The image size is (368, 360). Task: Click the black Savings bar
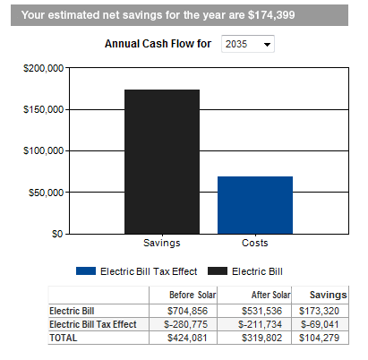click(x=162, y=161)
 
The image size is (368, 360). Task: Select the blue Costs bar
click(x=255, y=205)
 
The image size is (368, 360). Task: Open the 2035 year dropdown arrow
click(x=267, y=45)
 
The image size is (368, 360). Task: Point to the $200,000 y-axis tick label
click(x=44, y=68)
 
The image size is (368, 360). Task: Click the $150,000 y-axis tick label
click(x=44, y=109)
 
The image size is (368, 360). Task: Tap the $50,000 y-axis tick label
click(x=47, y=193)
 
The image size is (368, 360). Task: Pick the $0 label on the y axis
click(x=57, y=234)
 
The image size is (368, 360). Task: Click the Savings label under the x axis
click(x=162, y=243)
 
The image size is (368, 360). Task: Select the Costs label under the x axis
click(x=255, y=243)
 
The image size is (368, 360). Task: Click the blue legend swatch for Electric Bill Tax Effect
click(x=86, y=271)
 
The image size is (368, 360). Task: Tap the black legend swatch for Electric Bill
click(x=218, y=271)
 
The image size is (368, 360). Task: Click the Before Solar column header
click(x=193, y=295)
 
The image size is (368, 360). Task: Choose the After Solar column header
click(x=271, y=295)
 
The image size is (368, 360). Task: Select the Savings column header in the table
click(x=329, y=295)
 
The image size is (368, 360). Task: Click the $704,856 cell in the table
click(x=187, y=311)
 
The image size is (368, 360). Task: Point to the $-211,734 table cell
click(x=260, y=324)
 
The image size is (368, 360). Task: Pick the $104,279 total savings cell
click(x=319, y=338)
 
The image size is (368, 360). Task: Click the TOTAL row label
click(x=64, y=338)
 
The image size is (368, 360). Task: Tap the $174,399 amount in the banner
click(x=271, y=15)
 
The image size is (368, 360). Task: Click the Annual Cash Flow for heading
click(x=158, y=44)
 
